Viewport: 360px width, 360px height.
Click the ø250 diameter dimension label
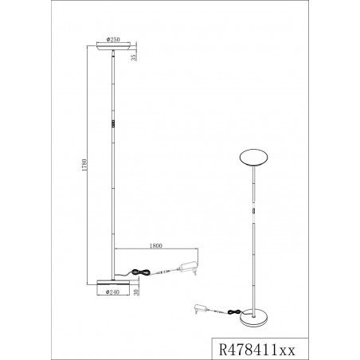click(x=113, y=40)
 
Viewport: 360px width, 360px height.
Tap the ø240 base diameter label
click(x=112, y=292)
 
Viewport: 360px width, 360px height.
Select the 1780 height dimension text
click(x=84, y=165)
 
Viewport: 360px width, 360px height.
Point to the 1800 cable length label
click(x=156, y=246)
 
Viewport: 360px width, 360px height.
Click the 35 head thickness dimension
click(x=134, y=57)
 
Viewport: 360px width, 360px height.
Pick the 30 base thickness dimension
click(x=136, y=292)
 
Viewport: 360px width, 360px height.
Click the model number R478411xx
click(x=256, y=350)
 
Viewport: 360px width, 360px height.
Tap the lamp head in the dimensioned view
click(x=113, y=46)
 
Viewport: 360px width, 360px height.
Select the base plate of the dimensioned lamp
click(x=113, y=283)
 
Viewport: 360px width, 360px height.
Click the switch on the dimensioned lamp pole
click(x=113, y=124)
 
